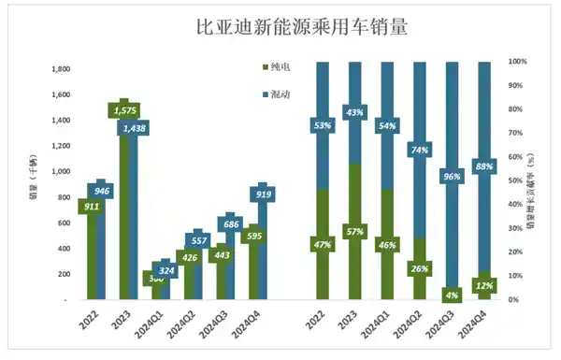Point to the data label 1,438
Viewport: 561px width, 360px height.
pos(137,128)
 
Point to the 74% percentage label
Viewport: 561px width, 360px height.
pos(420,150)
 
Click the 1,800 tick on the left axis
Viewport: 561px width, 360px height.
pos(59,69)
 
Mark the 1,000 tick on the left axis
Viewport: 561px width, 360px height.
pos(59,172)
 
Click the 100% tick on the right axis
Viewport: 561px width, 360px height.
pos(518,62)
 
